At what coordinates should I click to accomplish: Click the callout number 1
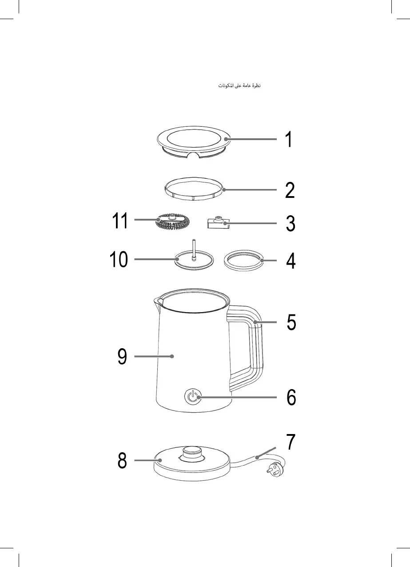pos(289,140)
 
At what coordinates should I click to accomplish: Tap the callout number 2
pos(290,191)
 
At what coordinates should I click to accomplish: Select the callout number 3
pos(290,224)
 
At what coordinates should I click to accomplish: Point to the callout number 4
pos(291,261)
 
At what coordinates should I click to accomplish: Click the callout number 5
pos(291,322)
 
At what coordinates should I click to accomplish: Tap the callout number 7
pos(290,442)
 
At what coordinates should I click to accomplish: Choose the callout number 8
pos(122,461)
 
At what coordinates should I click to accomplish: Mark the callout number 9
pos(123,357)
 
